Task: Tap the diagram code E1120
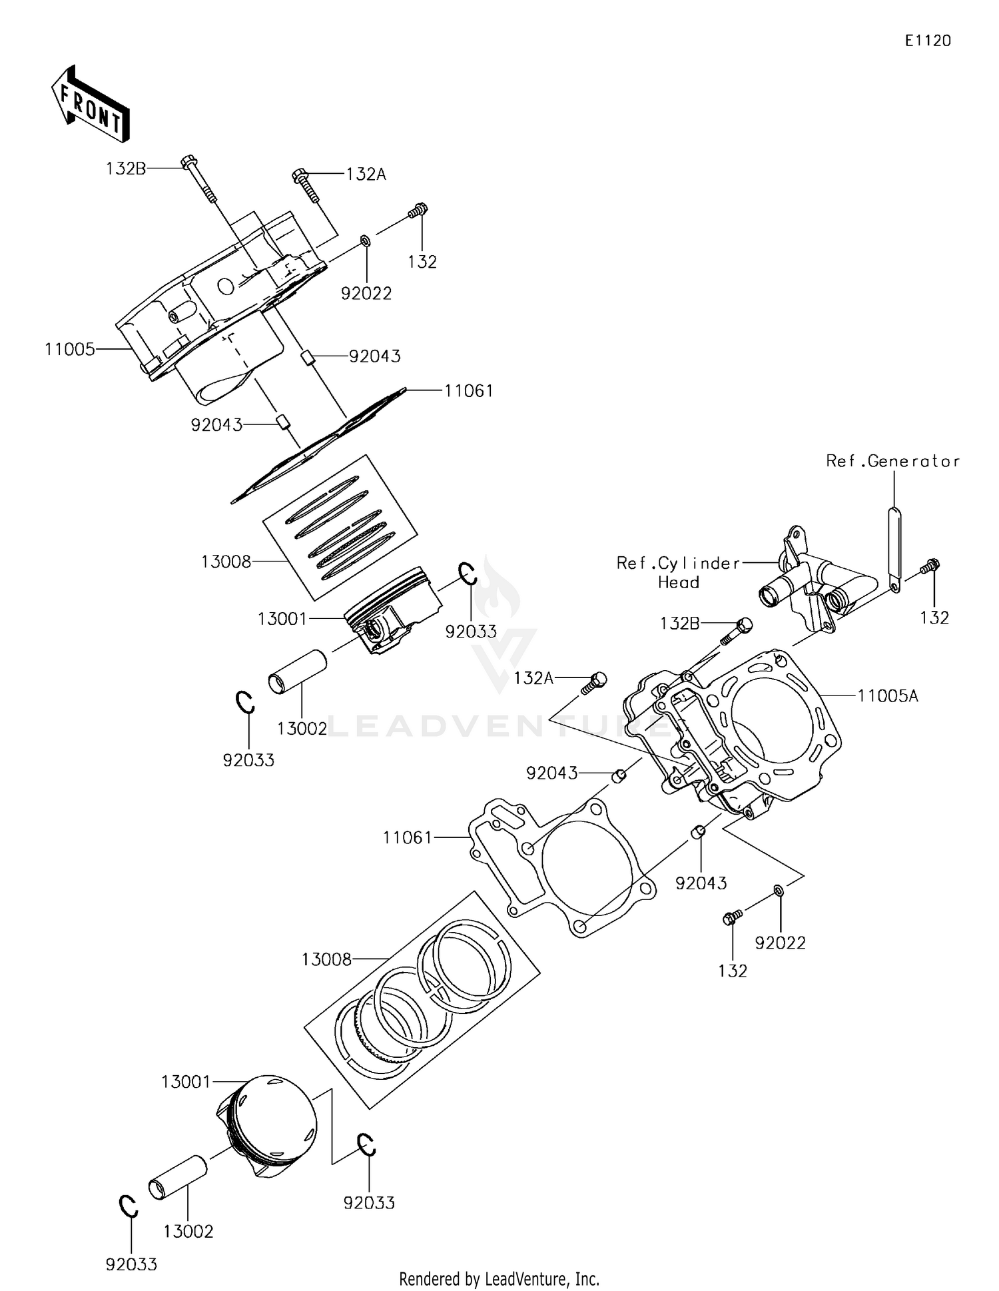[x=927, y=41]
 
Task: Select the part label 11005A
[x=887, y=696]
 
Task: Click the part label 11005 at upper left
[x=70, y=349]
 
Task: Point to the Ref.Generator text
[x=892, y=461]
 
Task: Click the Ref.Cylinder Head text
[x=678, y=573]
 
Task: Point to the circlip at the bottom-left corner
[x=128, y=1206]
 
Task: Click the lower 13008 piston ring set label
[x=326, y=959]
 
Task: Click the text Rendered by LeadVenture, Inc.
[x=499, y=1278]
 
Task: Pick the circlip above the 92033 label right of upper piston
[x=466, y=573]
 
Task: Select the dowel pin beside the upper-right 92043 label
[x=308, y=357]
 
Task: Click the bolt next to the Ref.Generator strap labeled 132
[x=930, y=567]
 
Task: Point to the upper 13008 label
[x=226, y=562]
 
